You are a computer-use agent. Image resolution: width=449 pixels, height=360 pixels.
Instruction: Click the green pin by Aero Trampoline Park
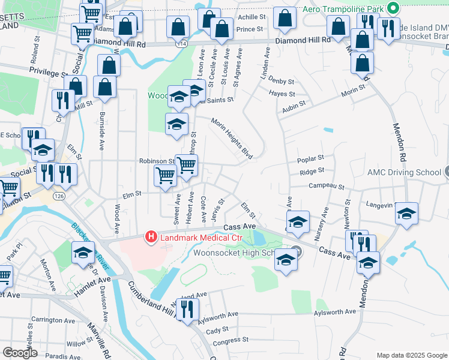[x=393, y=8]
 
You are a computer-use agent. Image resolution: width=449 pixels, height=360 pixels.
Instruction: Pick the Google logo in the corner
[x=20, y=353]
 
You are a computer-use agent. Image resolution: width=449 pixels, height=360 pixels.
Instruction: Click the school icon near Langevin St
[x=406, y=213]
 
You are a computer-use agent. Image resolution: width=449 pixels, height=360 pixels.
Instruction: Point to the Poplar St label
[x=312, y=159]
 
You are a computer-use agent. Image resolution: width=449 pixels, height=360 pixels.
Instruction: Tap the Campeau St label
[x=326, y=187]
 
